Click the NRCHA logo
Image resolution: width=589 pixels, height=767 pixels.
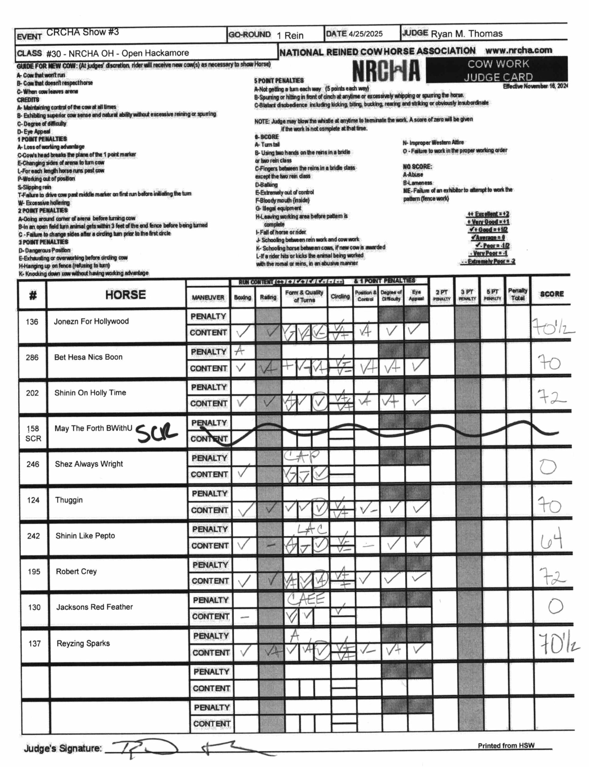(386, 70)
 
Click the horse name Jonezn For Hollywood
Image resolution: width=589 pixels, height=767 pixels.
(91, 321)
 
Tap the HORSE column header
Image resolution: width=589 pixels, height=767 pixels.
(125, 295)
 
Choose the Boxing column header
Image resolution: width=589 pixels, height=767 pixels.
(242, 297)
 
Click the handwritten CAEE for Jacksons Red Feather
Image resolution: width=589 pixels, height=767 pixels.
(306, 599)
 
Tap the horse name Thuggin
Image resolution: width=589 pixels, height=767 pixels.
(69, 500)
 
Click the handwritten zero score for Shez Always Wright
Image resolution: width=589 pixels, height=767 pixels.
(548, 466)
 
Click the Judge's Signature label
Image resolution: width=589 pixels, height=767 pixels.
(63, 748)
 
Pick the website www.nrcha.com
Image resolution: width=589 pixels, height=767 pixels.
(518, 50)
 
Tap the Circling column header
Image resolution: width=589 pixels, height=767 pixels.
(340, 296)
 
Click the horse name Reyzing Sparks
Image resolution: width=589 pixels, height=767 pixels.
(83, 643)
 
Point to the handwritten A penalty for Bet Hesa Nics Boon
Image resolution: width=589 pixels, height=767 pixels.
(239, 350)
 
